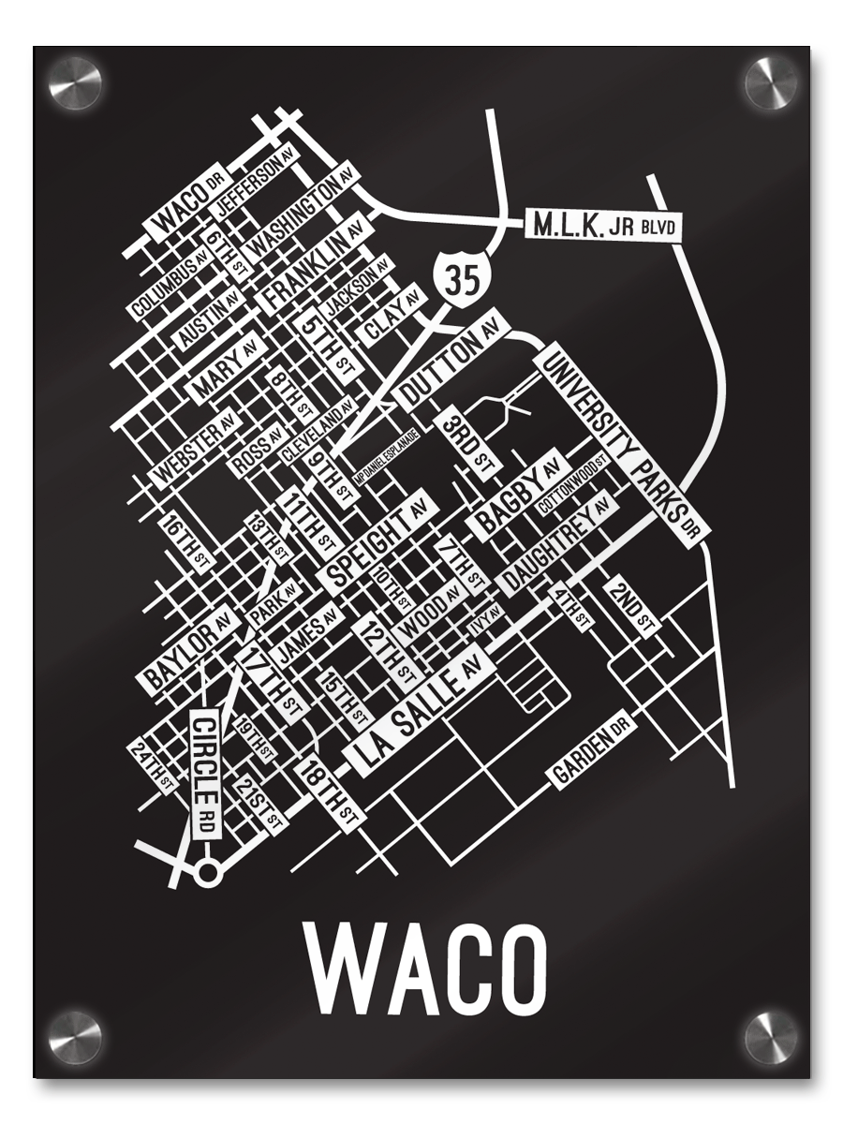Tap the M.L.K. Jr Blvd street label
pyautogui.click(x=601, y=226)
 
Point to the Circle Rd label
pyautogui.click(x=205, y=774)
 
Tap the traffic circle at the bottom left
pyautogui.click(x=207, y=874)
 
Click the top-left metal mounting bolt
pyautogui.click(x=75, y=82)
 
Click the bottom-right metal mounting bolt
pyautogui.click(x=771, y=1037)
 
